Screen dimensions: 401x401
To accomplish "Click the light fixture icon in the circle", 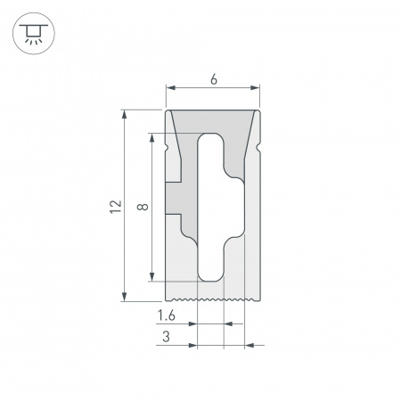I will click(x=33, y=34).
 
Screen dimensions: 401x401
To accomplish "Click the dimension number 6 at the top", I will click(x=213, y=78).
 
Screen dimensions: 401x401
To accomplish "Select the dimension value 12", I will click(x=113, y=206).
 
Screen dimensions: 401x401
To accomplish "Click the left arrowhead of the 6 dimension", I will click(x=171, y=87).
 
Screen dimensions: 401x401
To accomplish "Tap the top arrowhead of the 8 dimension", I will click(x=153, y=138).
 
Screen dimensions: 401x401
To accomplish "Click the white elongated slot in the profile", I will click(x=211, y=207).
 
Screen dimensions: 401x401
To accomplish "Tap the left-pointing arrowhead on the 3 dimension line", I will click(x=249, y=343).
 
